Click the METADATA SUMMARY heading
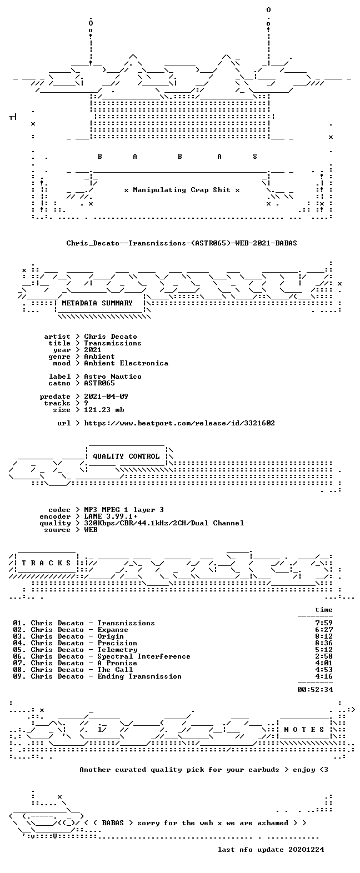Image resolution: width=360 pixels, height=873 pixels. (97, 303)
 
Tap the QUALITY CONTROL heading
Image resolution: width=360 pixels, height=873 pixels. (126, 456)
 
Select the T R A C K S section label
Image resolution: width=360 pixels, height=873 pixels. (47, 563)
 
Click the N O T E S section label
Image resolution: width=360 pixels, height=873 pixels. (304, 730)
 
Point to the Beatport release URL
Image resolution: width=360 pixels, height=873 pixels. (179, 423)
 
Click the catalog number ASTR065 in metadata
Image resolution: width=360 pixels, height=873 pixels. (99, 383)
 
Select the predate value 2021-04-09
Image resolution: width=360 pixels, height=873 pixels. (106, 397)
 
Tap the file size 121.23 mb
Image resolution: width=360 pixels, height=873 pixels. (104, 410)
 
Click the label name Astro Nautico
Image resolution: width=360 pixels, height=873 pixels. (113, 377)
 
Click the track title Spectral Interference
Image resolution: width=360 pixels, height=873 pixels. (144, 657)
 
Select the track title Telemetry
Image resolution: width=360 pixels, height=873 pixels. (117, 650)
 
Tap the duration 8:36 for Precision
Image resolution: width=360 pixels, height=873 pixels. (324, 643)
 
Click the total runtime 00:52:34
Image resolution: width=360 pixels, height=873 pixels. (315, 689)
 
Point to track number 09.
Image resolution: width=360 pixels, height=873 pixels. (17, 676)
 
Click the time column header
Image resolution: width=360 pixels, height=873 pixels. (324, 610)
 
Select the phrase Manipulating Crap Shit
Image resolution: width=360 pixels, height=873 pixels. (181, 190)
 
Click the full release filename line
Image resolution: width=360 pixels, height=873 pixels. (182, 243)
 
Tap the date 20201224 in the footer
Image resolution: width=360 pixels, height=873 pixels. (306, 850)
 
